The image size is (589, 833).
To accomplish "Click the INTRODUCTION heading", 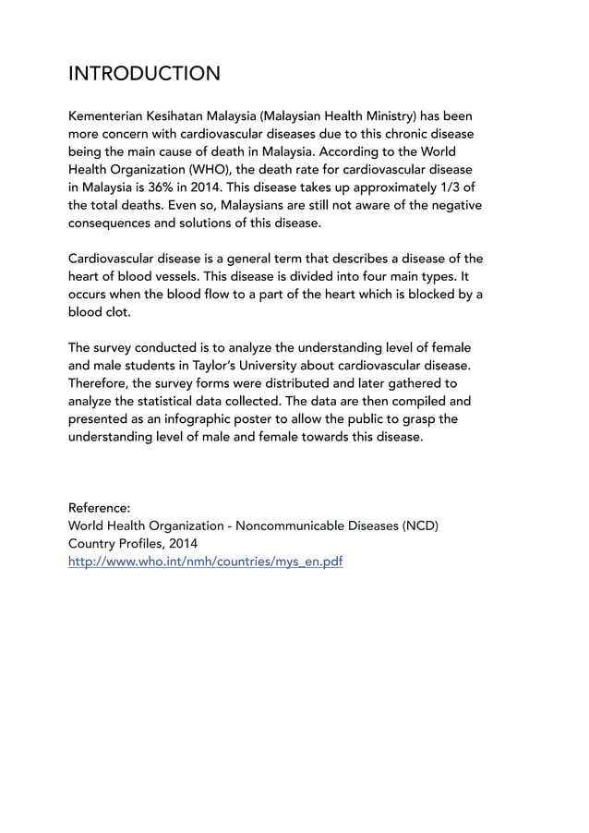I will coord(145,73).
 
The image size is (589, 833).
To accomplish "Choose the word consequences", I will coord(114,223).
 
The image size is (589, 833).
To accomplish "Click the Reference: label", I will coord(100,507).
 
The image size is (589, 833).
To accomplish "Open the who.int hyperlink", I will coord(206,561).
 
